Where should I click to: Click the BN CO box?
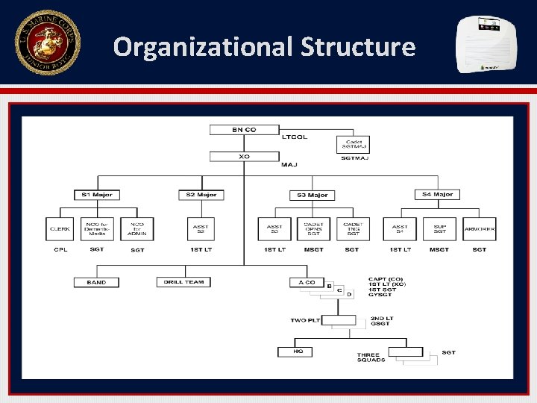point(244,130)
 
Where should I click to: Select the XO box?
point(244,157)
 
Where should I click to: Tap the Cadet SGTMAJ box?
point(352,144)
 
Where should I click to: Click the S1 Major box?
point(97,195)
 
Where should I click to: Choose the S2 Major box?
point(201,195)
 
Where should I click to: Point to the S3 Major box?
point(312,195)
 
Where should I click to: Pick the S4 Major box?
point(437,195)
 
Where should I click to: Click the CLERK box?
point(60,228)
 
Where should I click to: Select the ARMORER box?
point(480,228)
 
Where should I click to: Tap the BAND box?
point(96,282)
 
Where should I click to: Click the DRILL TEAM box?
point(183,282)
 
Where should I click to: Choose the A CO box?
point(307,282)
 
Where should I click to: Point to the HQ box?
point(298,352)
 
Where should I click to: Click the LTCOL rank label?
point(295,137)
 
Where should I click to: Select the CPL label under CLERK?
point(60,249)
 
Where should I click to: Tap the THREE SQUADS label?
point(371,357)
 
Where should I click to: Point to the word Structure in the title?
point(358,47)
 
